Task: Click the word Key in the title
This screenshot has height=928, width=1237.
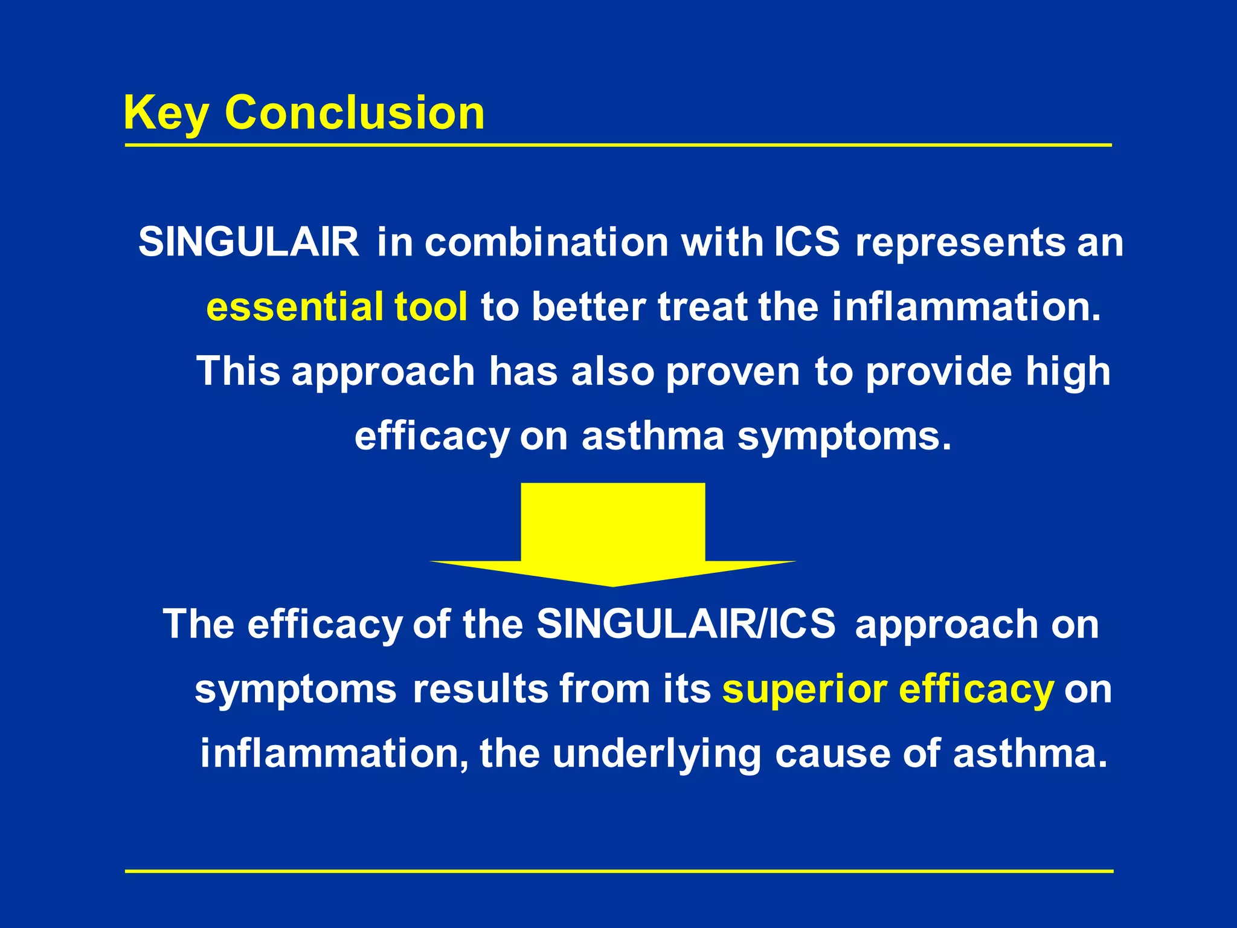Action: coord(166,114)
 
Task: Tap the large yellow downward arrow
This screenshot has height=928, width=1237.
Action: coord(612,532)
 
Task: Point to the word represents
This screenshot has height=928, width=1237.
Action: coord(960,242)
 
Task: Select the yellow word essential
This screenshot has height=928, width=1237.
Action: coord(294,306)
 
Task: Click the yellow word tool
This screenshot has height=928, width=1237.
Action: coord(430,306)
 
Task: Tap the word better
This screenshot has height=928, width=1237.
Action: coord(588,306)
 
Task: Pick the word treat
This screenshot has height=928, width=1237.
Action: coord(702,306)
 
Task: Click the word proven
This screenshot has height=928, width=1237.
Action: coord(732,372)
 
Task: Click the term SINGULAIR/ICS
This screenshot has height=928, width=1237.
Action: coord(686,623)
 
